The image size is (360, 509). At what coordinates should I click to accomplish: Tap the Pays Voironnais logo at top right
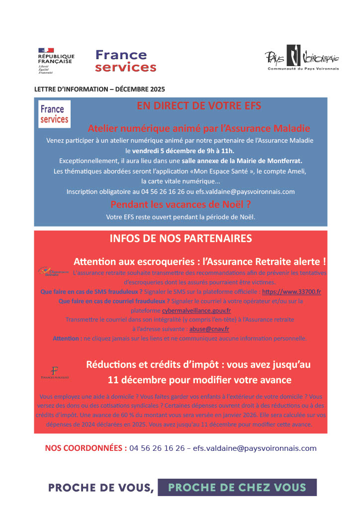point(302,59)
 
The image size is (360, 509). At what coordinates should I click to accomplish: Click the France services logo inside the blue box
point(54,114)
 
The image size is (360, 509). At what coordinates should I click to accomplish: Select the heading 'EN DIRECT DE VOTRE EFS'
point(199,106)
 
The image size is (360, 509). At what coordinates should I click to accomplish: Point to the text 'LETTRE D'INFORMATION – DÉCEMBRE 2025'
point(99,89)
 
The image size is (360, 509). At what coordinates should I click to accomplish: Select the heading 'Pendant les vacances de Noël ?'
point(180,204)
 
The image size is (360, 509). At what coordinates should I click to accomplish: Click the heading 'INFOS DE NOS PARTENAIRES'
point(180,239)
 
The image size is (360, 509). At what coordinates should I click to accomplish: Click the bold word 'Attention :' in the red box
point(67,338)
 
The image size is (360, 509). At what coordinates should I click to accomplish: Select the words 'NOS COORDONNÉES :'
point(86,448)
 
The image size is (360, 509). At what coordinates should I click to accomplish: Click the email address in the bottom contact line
point(254,448)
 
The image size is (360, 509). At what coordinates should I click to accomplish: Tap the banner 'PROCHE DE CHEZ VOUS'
point(237,488)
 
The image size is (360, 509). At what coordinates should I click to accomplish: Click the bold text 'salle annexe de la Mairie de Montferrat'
point(242,161)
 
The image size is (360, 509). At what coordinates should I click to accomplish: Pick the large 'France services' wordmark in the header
point(126,61)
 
